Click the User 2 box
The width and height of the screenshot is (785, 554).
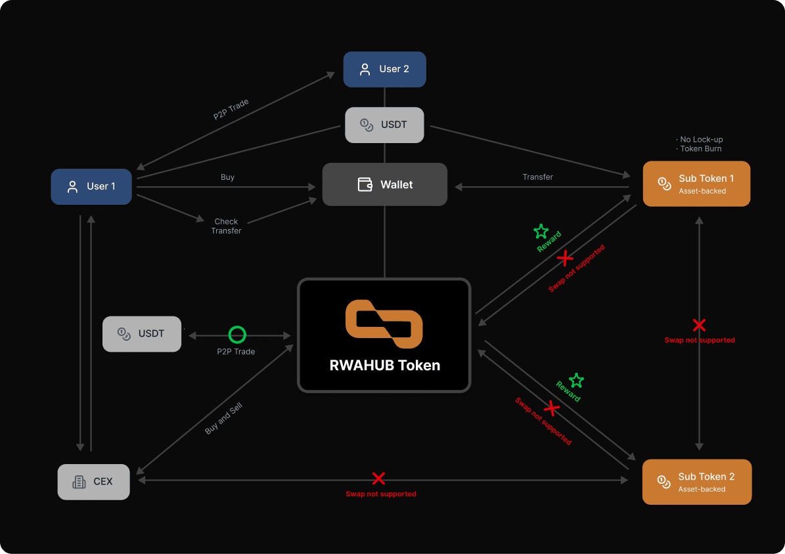(384, 70)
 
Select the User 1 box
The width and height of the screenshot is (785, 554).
(91, 186)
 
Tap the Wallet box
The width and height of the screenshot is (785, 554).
(384, 184)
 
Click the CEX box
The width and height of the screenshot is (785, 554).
(93, 481)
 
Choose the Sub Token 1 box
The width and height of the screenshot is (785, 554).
(696, 184)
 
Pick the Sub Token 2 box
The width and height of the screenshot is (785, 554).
(696, 482)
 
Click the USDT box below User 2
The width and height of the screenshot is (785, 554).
(384, 125)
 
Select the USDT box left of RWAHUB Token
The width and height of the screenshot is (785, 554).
(142, 333)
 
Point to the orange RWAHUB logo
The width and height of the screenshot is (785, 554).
(384, 324)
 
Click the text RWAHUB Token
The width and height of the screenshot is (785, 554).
(385, 366)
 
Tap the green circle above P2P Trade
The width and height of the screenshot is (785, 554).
(236, 335)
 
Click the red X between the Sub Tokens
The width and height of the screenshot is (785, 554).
(699, 325)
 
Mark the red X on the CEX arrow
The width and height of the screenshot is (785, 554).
(378, 479)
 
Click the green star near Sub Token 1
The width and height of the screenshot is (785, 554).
(541, 231)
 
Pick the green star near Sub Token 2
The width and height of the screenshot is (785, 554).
(576, 380)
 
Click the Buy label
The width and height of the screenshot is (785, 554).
(227, 177)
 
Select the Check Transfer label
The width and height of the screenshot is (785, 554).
(226, 226)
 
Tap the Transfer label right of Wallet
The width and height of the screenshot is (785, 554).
(537, 177)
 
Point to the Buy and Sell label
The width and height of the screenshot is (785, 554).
(224, 418)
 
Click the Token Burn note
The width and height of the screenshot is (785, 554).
(700, 149)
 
